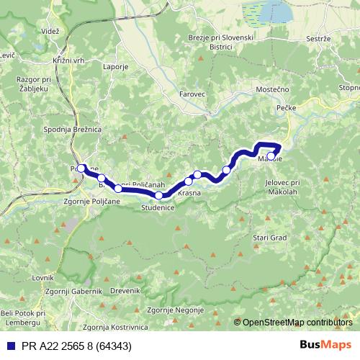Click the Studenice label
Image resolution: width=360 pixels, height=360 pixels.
pyautogui.click(x=158, y=207)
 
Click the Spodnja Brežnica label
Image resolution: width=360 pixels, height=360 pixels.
pyautogui.click(x=72, y=129)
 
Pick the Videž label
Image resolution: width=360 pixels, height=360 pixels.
pyautogui.click(x=50, y=32)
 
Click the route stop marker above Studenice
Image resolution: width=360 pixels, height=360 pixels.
pyautogui.click(x=158, y=195)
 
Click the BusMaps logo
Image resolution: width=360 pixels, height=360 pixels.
pyautogui.click(x=325, y=346)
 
